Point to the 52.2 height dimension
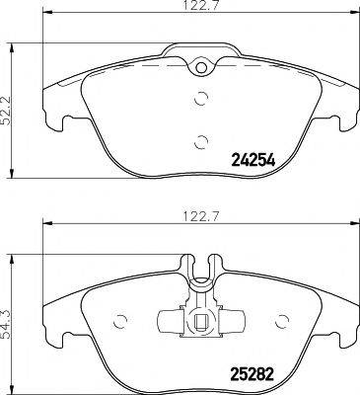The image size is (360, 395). click(11, 104)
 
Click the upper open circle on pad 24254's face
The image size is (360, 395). click(200, 98)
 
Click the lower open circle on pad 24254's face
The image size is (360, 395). click(200, 139)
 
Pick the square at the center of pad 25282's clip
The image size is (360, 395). click(200, 321)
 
